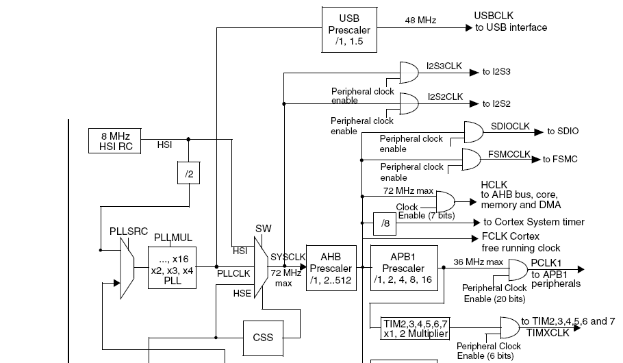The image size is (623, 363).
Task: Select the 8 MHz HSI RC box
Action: [114, 140]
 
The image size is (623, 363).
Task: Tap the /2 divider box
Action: [189, 174]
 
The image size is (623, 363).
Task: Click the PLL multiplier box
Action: [173, 266]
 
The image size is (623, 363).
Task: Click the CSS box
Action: [263, 337]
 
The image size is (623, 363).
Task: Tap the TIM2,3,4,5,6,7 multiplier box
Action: [416, 328]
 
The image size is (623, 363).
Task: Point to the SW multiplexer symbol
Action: [260, 268]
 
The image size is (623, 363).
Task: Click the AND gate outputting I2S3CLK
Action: [409, 71]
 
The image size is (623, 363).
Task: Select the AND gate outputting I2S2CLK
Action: [409, 103]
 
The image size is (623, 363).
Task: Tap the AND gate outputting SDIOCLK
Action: [473, 132]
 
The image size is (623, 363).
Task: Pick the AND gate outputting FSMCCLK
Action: [472, 159]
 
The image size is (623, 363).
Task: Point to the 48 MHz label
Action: [420, 21]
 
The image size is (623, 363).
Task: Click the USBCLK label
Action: [493, 15]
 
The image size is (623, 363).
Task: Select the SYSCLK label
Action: [288, 256]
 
